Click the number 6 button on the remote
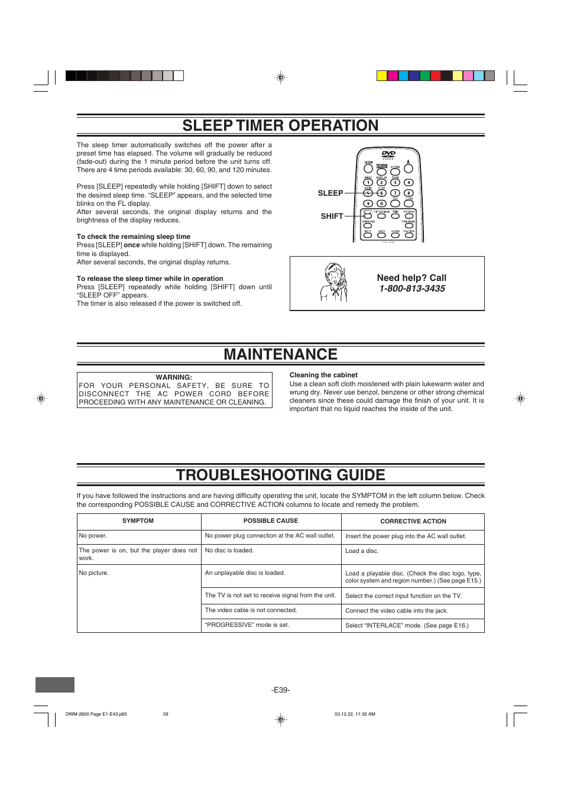[381, 193]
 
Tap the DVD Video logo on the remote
[388, 155]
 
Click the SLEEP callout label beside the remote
[330, 193]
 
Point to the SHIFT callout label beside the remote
[332, 216]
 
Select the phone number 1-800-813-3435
[412, 289]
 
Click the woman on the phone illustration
[333, 283]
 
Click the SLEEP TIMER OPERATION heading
[280, 125]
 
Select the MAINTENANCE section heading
[280, 354]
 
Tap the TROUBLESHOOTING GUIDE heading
[280, 475]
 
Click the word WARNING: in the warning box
[174, 377]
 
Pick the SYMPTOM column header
[138, 521]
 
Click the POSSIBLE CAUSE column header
[271, 521]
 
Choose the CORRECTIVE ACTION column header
[413, 522]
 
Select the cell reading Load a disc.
[362, 551]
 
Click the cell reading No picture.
[94, 573]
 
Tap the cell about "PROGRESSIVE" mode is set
[247, 625]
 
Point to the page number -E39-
[280, 690]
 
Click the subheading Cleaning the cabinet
[323, 375]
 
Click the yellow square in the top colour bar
[382, 76]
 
